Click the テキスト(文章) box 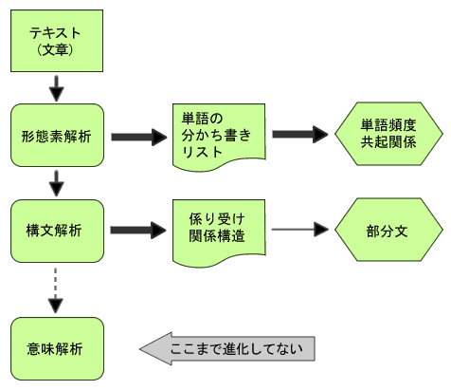(57, 41)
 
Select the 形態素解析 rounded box (57, 135)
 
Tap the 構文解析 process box (57, 231)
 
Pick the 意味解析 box (57, 348)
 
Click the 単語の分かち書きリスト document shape (219, 137)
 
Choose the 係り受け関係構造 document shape (219, 232)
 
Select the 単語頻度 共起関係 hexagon (388, 134)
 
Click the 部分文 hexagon (388, 230)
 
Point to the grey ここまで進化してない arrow (227, 348)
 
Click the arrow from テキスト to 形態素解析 (57, 88)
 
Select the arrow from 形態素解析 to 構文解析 (57, 183)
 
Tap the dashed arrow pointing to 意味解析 (56, 290)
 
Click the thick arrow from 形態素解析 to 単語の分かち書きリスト (139, 137)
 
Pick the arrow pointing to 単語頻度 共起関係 (300, 134)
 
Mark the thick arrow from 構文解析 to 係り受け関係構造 (138, 230)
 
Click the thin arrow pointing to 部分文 (299, 229)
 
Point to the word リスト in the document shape (202, 152)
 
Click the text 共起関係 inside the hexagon (388, 141)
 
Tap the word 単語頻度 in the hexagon (388, 125)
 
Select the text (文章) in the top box (55, 49)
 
